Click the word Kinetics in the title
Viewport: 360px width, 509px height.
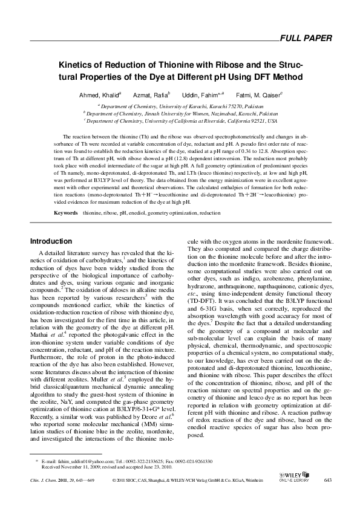pos(76,65)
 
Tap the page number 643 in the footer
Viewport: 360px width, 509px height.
pos(329,480)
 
